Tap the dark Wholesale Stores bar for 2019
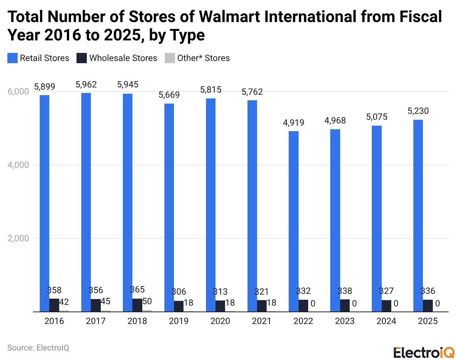(x=179, y=306)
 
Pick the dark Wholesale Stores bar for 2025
(x=428, y=306)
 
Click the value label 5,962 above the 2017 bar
(x=86, y=84)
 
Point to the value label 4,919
(x=293, y=123)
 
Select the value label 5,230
(x=418, y=111)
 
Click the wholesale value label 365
(x=137, y=289)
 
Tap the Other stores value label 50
(x=147, y=302)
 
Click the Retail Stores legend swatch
(x=13, y=58)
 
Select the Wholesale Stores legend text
(x=123, y=58)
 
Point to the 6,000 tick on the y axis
(x=18, y=91)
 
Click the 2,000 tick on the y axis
(x=18, y=238)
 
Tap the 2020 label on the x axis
(x=220, y=321)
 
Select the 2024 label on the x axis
(x=386, y=321)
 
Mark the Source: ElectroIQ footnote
(x=38, y=348)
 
